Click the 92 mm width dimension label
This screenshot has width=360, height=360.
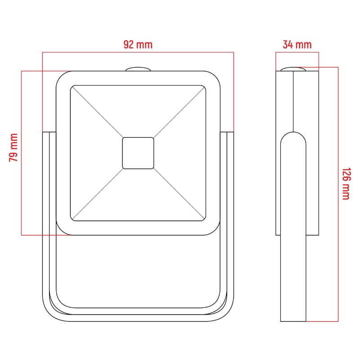[x=138, y=45]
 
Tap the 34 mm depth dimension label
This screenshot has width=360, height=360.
[x=297, y=45]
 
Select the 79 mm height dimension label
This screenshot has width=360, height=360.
[x=13, y=148]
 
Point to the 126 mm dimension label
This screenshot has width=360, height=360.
[x=346, y=184]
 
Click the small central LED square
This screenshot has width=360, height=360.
[x=138, y=153]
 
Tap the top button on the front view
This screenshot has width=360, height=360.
[x=138, y=69]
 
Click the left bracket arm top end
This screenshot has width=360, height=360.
[x=49, y=132]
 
